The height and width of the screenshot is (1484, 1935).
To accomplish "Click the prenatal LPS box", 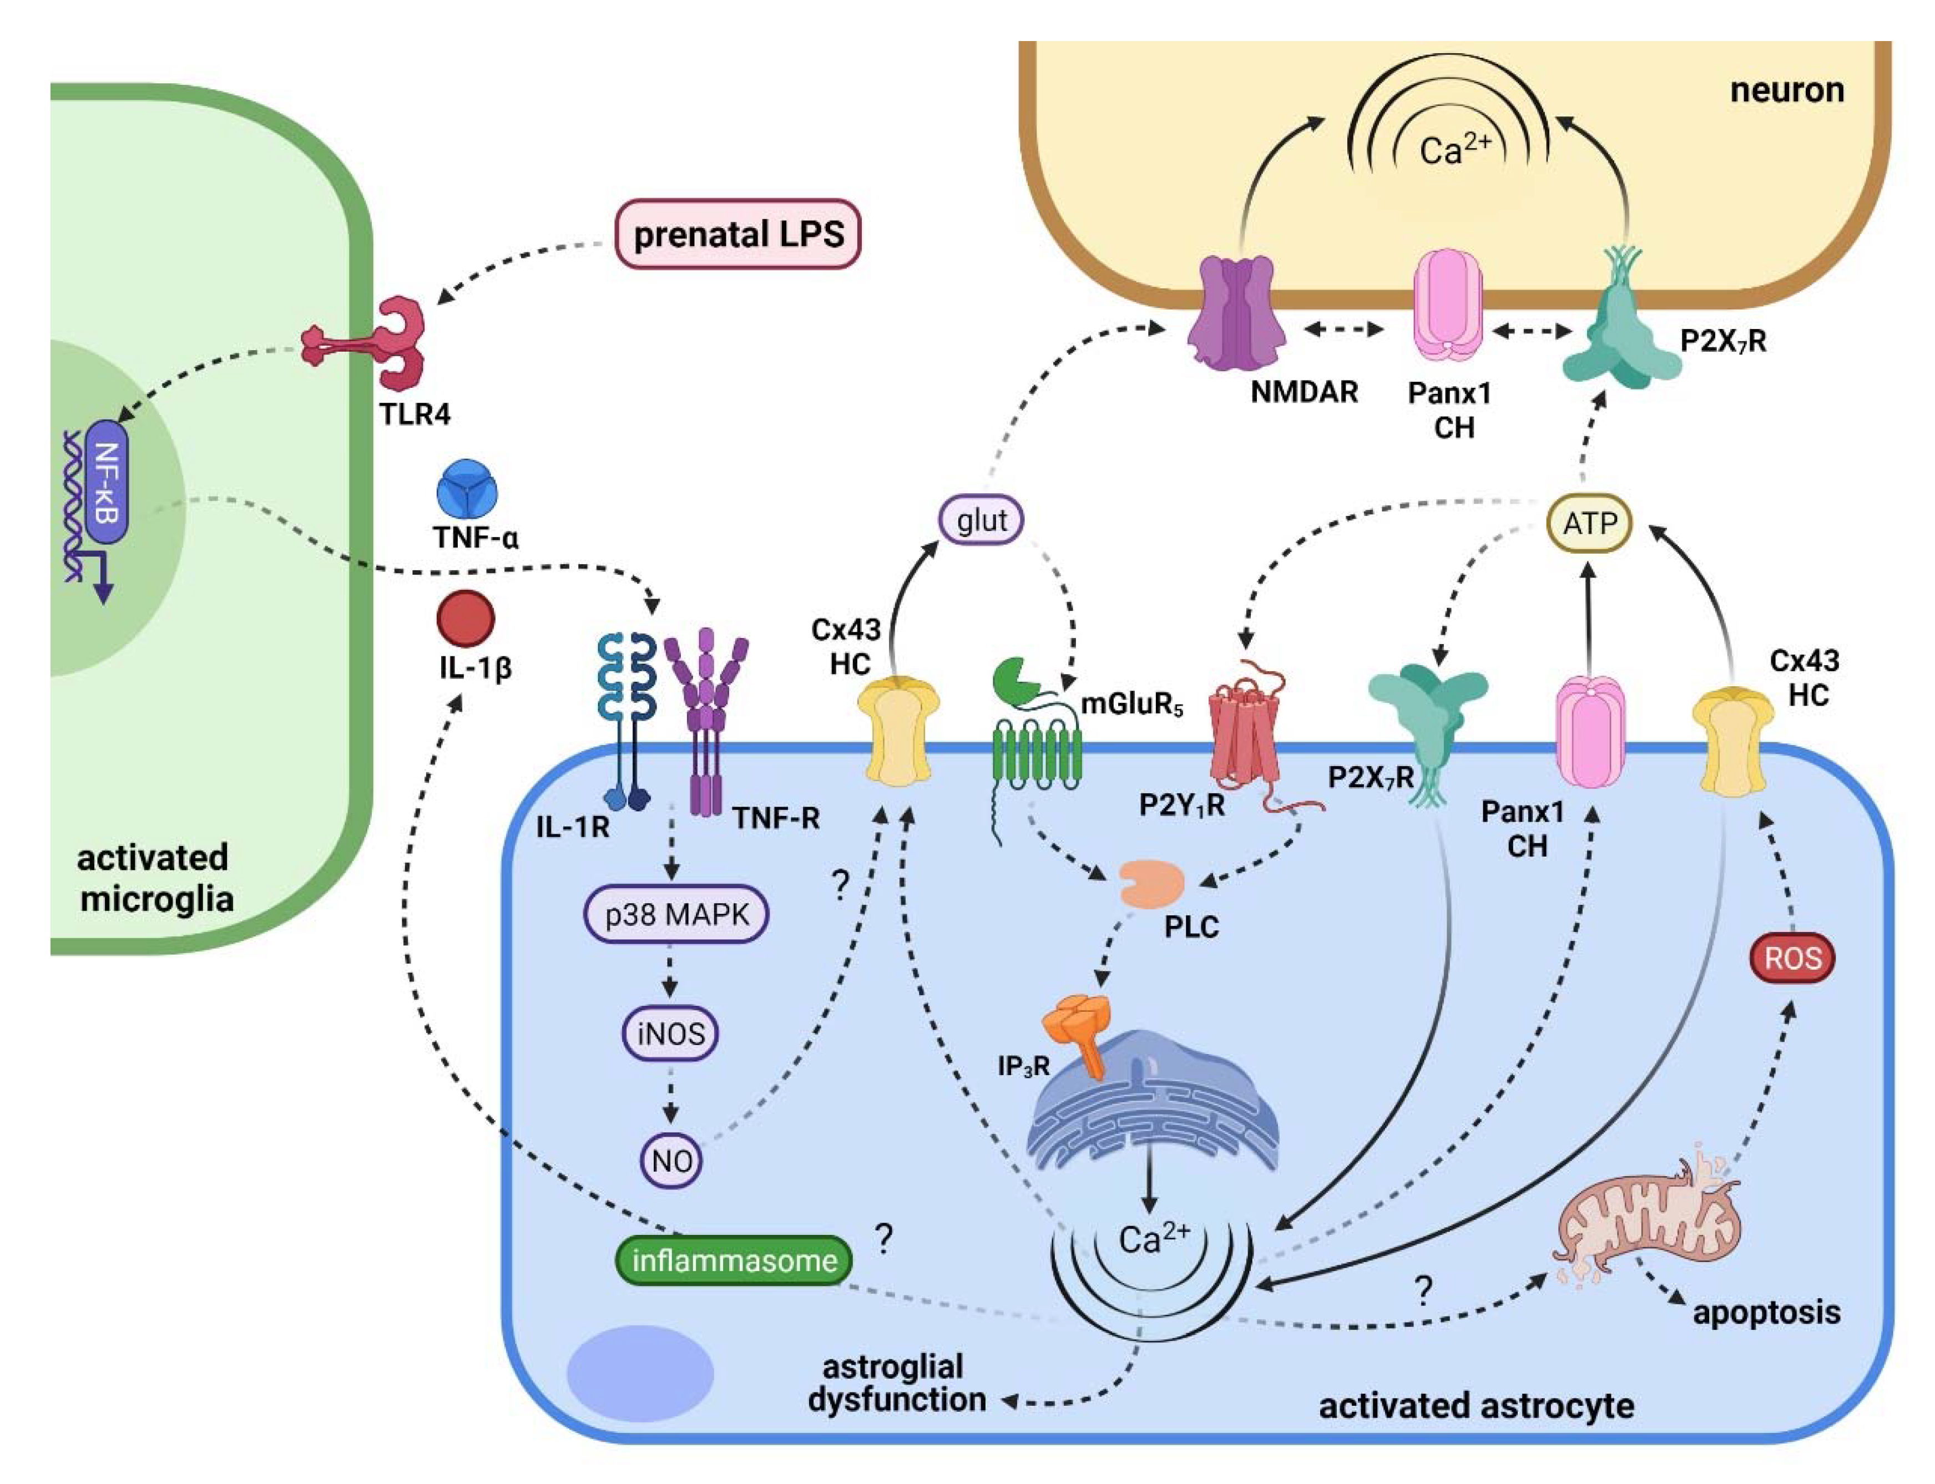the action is (x=737, y=234).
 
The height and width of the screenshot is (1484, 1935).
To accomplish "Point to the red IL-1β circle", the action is (x=466, y=619).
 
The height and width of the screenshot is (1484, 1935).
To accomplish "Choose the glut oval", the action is (x=981, y=520).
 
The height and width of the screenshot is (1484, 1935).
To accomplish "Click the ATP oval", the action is (x=1589, y=524).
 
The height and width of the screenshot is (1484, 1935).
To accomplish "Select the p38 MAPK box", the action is (x=676, y=914).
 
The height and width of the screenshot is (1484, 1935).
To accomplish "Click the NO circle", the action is (x=671, y=1161).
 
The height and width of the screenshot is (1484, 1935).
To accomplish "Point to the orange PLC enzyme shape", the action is (x=1152, y=884).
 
